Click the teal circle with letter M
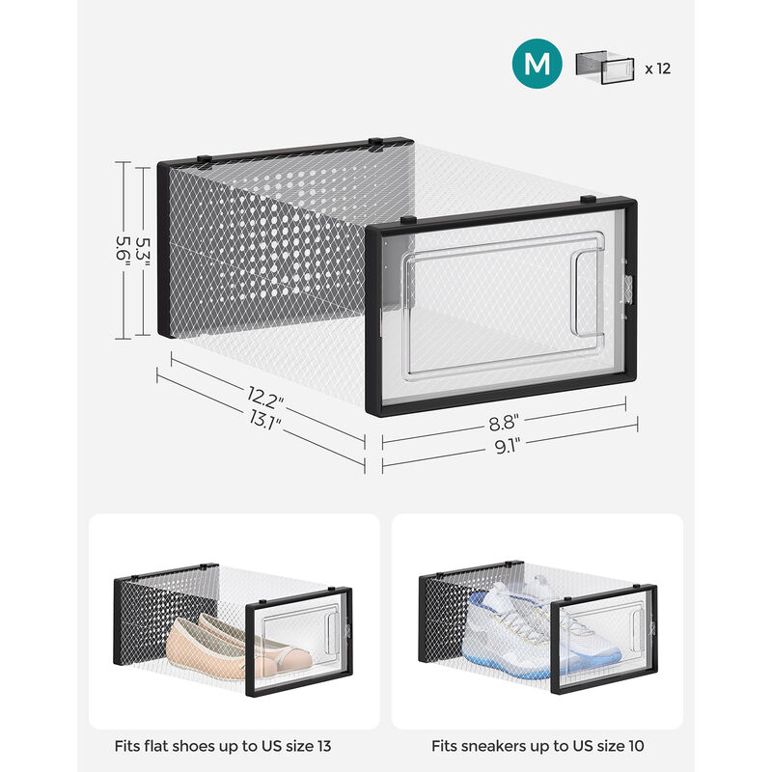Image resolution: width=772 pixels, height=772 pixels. [537, 64]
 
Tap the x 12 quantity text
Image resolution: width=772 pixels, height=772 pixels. [658, 69]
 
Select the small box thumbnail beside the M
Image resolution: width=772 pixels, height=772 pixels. [605, 67]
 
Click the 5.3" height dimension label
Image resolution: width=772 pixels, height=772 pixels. [143, 253]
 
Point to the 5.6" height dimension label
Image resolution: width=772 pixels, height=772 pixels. [123, 248]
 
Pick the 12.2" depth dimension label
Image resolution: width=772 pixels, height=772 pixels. [265, 398]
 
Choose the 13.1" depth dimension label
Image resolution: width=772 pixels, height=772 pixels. [264, 421]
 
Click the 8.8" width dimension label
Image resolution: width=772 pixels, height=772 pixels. [504, 423]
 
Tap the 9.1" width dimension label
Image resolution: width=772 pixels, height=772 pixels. [508, 446]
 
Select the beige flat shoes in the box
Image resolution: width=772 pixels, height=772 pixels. [238, 644]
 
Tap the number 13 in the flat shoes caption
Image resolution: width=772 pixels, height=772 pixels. [323, 746]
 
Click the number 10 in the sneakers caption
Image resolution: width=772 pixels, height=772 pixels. [635, 746]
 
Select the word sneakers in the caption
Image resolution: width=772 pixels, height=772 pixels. [487, 746]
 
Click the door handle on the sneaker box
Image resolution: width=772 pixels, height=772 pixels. [636, 631]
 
